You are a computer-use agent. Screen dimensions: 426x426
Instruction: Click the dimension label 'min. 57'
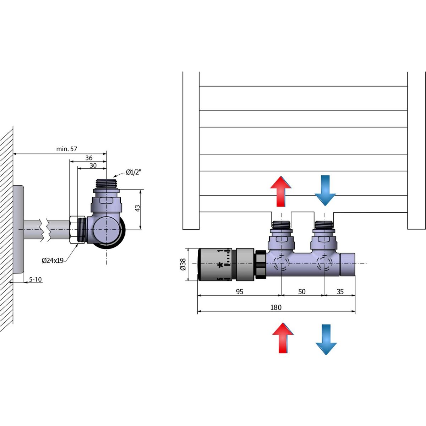pyautogui.click(x=66, y=149)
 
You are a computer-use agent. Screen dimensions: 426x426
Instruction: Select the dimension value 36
pyautogui.click(x=88, y=158)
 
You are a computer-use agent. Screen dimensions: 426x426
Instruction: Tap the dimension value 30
pyautogui.click(x=93, y=165)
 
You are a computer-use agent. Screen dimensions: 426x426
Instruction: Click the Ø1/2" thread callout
pyautogui.click(x=134, y=173)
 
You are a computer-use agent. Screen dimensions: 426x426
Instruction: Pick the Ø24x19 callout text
pyautogui.click(x=53, y=261)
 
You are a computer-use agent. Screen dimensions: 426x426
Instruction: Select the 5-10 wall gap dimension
pyautogui.click(x=35, y=279)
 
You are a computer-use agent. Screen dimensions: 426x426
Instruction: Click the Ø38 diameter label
pyautogui.click(x=183, y=264)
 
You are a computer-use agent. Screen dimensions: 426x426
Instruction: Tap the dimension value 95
pyautogui.click(x=240, y=291)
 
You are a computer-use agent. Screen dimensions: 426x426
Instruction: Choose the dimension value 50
pyautogui.click(x=302, y=291)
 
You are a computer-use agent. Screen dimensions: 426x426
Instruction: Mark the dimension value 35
pyautogui.click(x=340, y=291)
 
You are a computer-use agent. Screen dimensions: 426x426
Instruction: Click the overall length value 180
pyautogui.click(x=276, y=307)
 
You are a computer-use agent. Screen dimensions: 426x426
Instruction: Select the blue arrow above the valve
pyautogui.click(x=325, y=190)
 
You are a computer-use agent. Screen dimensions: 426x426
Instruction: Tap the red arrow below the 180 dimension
pyautogui.click(x=283, y=338)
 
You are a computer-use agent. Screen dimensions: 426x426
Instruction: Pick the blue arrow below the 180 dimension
pyautogui.click(x=326, y=339)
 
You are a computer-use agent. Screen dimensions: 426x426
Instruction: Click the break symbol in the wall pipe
pyautogui.click(x=45, y=230)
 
